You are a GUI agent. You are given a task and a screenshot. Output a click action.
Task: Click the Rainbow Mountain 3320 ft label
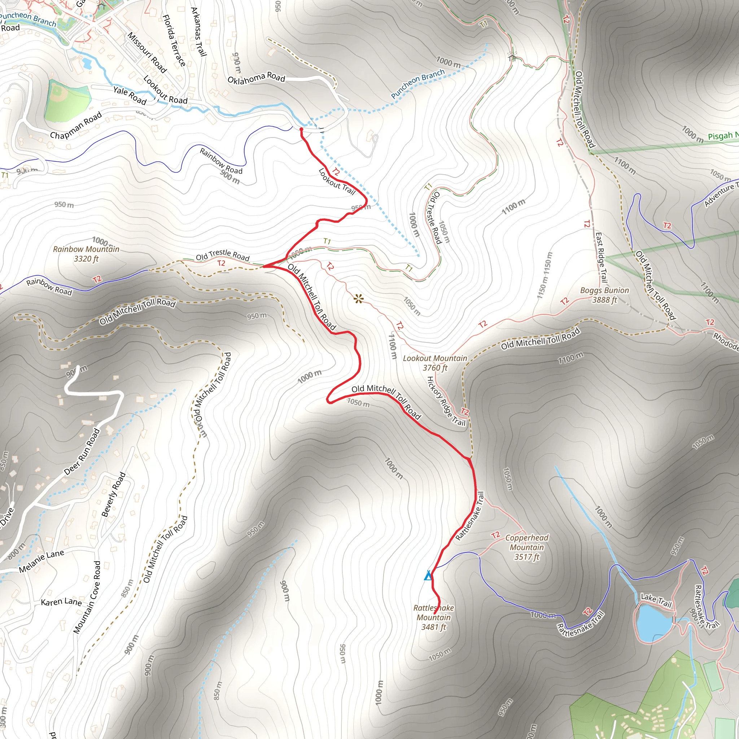(x=86, y=254)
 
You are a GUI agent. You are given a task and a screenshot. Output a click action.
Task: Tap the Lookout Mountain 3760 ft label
(x=435, y=363)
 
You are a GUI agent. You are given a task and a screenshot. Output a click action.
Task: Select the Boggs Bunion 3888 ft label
(x=604, y=295)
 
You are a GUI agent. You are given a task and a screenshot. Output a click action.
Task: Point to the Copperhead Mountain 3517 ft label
(x=527, y=547)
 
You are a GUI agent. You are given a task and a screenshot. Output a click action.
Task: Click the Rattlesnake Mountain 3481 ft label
(x=433, y=617)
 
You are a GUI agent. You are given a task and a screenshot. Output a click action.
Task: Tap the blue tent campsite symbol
(x=428, y=575)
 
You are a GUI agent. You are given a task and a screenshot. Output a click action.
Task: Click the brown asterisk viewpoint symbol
(x=358, y=299)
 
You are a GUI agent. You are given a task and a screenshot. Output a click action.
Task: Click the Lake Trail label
(x=656, y=600)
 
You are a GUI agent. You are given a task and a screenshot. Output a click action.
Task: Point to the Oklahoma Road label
(x=256, y=78)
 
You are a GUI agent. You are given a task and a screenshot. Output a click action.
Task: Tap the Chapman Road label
(x=76, y=126)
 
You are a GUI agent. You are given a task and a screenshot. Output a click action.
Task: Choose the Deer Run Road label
(x=82, y=452)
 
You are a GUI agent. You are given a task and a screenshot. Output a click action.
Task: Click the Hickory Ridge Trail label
(x=446, y=401)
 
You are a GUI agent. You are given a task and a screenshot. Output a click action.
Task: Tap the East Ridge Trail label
(x=601, y=257)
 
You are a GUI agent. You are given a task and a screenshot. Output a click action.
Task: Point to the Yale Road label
(x=130, y=95)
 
